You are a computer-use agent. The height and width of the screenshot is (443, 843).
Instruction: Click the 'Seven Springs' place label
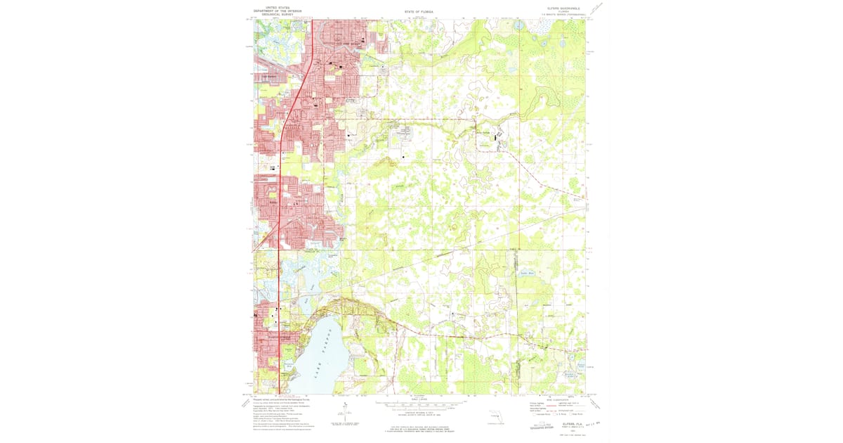[485, 132]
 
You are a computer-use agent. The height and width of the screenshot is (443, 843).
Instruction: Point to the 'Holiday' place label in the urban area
[273, 203]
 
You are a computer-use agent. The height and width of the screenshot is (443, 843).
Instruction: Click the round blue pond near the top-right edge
[519, 26]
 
